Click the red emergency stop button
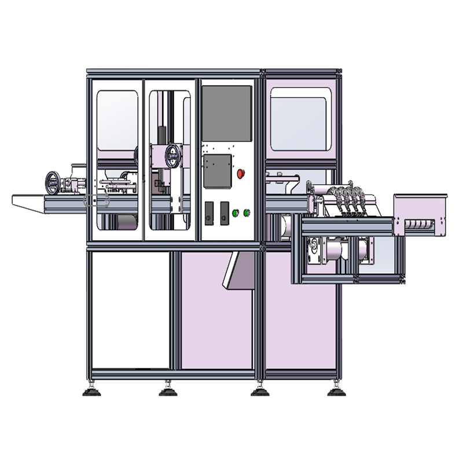[x=241, y=172]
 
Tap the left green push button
[x=236, y=212]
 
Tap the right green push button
[x=247, y=212]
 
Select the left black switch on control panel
[x=210, y=212]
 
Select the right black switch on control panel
[x=225, y=212]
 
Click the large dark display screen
[x=226, y=113]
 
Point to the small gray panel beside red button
[x=218, y=171]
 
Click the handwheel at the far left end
[x=53, y=182]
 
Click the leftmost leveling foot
[x=91, y=391]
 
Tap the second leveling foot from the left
[x=168, y=391]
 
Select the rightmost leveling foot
[x=336, y=391]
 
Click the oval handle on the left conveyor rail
[x=96, y=201]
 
